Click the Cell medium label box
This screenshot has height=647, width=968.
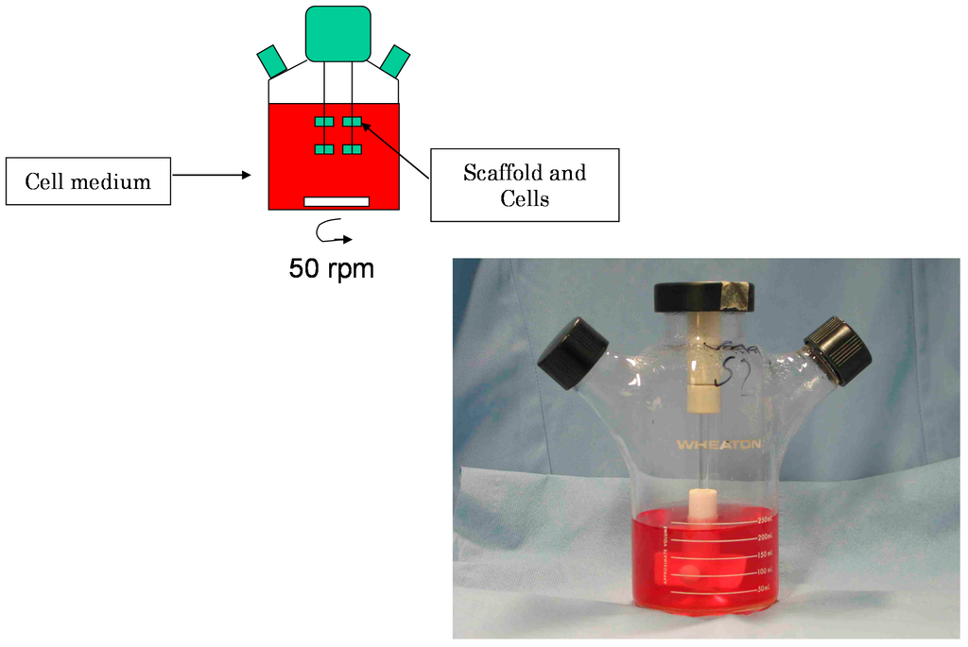(x=88, y=181)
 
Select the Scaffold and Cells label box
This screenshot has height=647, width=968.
(x=525, y=185)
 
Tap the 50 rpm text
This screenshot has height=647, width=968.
(x=331, y=268)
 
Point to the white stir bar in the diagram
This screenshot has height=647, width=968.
(x=336, y=201)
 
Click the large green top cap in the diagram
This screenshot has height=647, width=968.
(x=337, y=34)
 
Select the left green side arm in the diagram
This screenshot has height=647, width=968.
(x=272, y=60)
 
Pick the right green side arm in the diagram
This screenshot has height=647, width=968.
(x=395, y=60)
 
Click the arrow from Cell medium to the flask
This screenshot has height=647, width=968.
(x=212, y=174)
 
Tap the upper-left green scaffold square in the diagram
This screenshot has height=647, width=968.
(x=324, y=122)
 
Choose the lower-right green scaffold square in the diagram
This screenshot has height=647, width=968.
(x=352, y=149)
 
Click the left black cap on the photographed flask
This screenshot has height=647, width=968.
(x=573, y=353)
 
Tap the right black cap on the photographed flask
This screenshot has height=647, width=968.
(x=838, y=349)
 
